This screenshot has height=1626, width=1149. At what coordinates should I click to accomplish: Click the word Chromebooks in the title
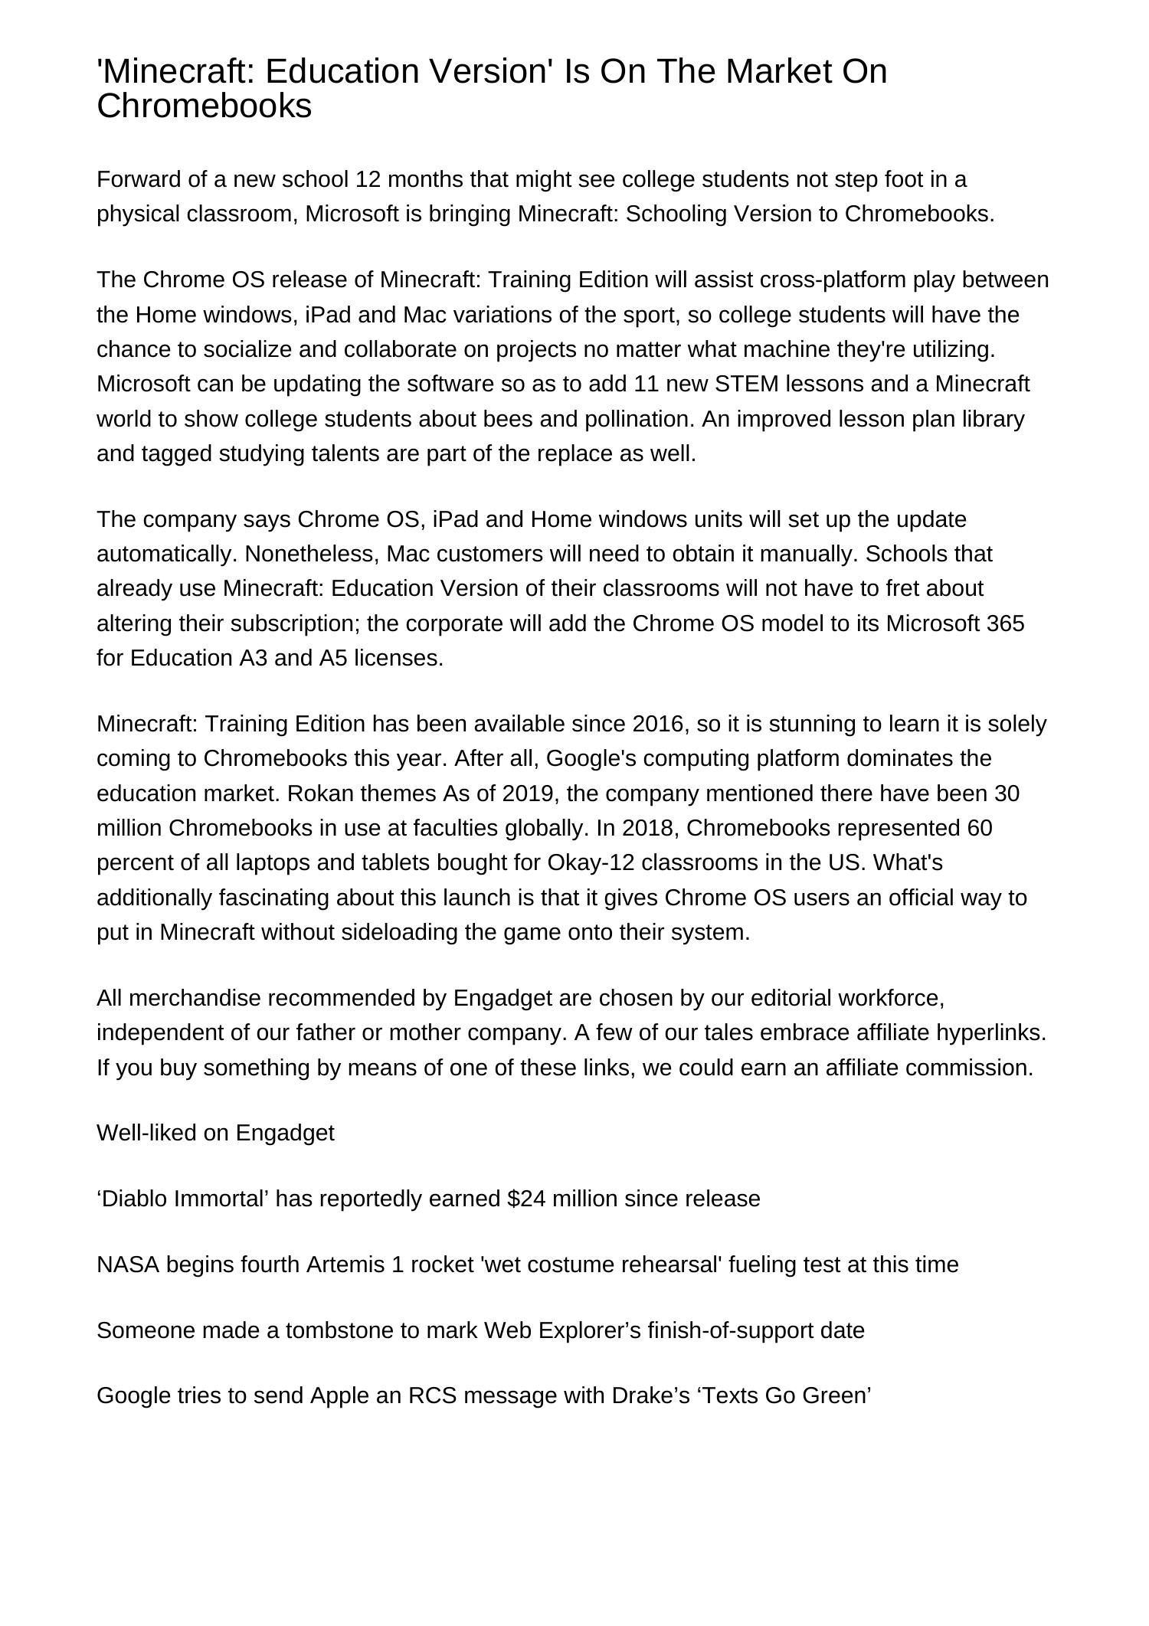click(204, 106)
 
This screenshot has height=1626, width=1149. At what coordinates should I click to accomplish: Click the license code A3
click(253, 659)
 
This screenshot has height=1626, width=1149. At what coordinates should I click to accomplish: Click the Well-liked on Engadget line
click(215, 1133)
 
